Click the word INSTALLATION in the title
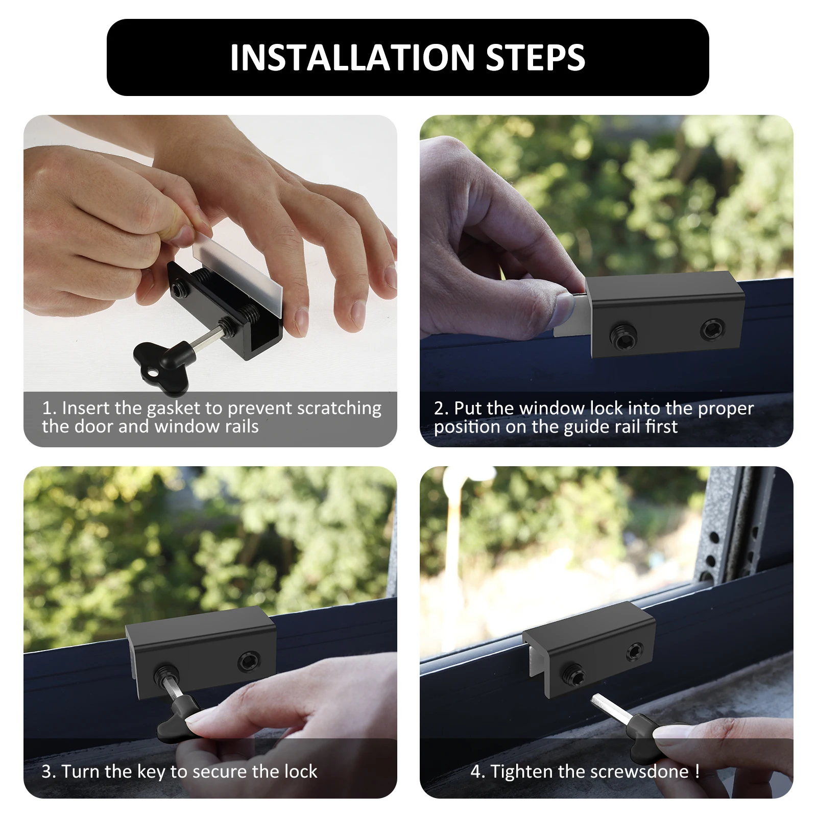coord(353,57)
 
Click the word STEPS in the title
coord(536,57)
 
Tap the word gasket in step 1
coord(173,408)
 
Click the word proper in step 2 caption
coord(726,409)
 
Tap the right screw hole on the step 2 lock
coord(711,329)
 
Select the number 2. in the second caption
coord(441,408)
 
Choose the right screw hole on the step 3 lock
coord(249,662)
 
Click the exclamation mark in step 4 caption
coord(698,771)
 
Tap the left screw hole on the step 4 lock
coord(572,675)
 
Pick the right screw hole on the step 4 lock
coord(635,652)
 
